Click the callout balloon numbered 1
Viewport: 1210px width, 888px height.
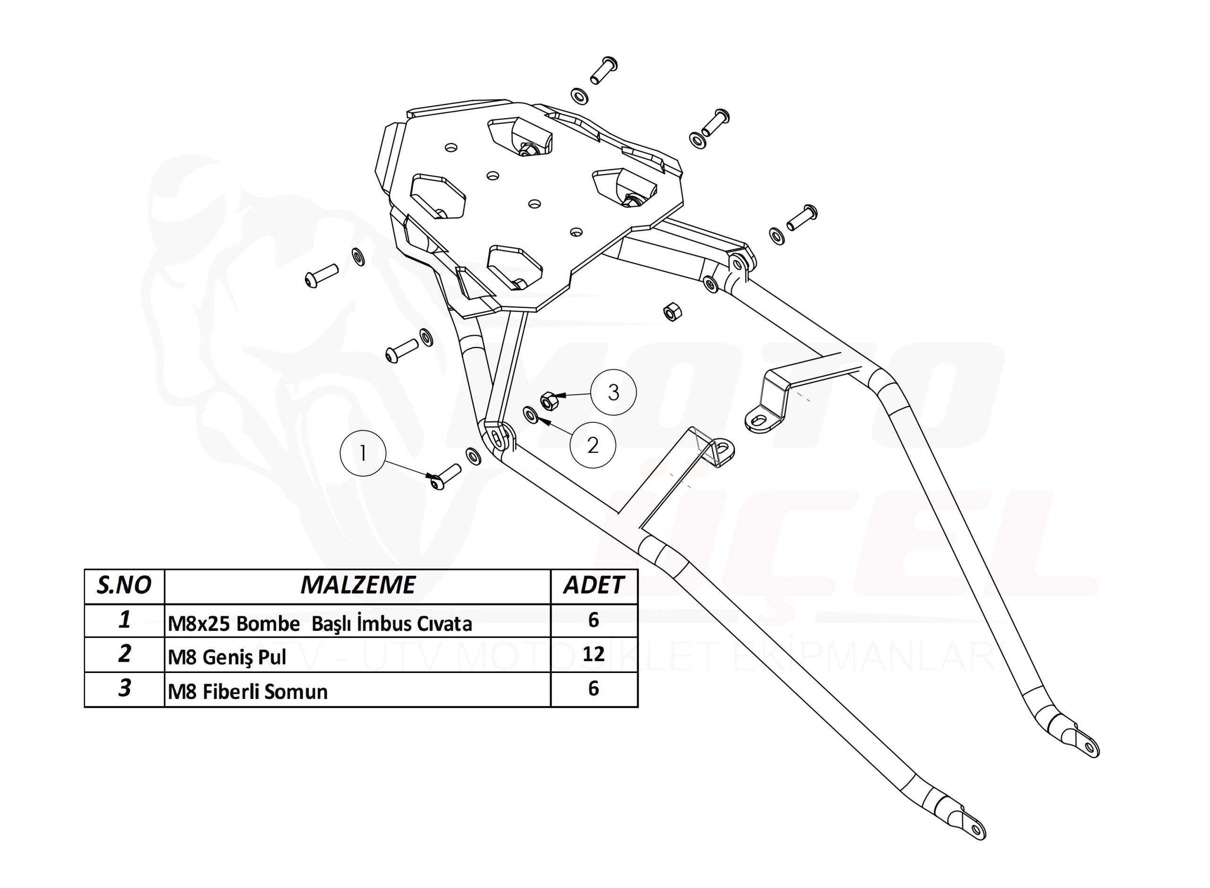(x=363, y=453)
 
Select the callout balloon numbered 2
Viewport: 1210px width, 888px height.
(x=592, y=445)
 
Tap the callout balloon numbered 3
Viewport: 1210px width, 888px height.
(x=614, y=392)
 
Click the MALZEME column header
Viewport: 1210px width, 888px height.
(x=358, y=585)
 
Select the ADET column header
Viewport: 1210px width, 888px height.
(x=594, y=585)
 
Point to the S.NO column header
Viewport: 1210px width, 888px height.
(x=124, y=585)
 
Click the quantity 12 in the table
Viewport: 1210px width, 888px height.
(x=594, y=654)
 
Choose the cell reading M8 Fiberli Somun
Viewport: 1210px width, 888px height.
(x=248, y=691)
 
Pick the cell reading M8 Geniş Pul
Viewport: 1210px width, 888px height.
(x=227, y=657)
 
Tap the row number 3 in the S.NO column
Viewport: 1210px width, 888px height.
(x=124, y=688)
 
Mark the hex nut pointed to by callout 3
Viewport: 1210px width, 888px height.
(x=548, y=400)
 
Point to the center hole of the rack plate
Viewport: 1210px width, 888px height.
(x=534, y=204)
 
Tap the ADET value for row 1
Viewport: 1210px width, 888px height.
(x=594, y=620)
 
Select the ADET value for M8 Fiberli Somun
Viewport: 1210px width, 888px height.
(x=594, y=688)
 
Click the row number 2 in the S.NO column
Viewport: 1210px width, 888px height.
(x=124, y=654)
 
